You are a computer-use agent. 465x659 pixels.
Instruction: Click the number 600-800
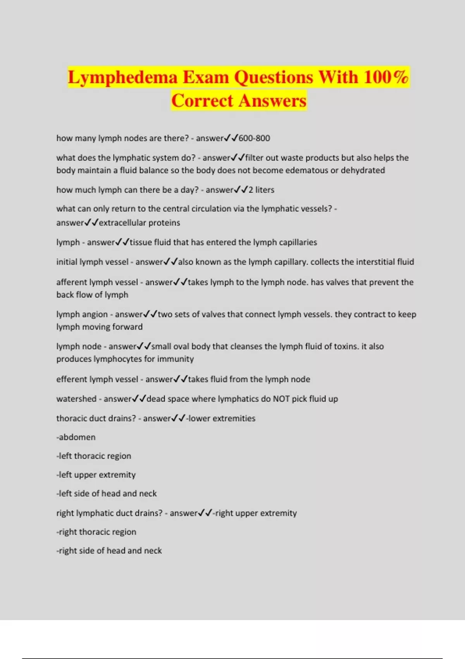254,138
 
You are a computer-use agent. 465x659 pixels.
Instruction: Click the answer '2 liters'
261,190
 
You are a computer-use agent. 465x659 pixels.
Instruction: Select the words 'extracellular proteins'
139,223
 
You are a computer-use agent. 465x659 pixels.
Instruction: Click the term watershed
76,399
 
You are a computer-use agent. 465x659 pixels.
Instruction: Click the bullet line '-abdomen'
76,437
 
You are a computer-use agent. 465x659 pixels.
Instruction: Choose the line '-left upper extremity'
96,475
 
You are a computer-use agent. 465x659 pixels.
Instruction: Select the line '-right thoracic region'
96,532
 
